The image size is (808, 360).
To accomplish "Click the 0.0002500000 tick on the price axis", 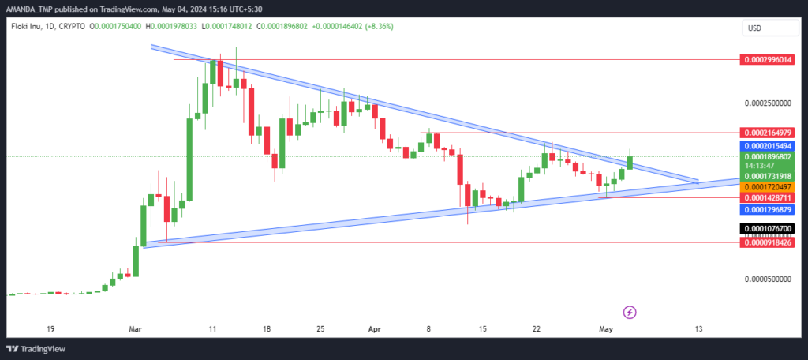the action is click(x=768, y=103).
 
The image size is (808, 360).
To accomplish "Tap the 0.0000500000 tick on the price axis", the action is click(x=768, y=279).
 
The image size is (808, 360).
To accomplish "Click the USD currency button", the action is click(x=770, y=28).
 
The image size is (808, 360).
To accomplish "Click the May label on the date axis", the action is click(x=604, y=328).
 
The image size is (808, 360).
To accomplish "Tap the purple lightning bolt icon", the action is click(x=630, y=312).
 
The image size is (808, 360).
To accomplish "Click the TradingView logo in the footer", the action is click(x=36, y=349).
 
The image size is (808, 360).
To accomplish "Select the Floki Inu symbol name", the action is click(x=23, y=26).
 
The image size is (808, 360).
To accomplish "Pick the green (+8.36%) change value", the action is click(x=380, y=26).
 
